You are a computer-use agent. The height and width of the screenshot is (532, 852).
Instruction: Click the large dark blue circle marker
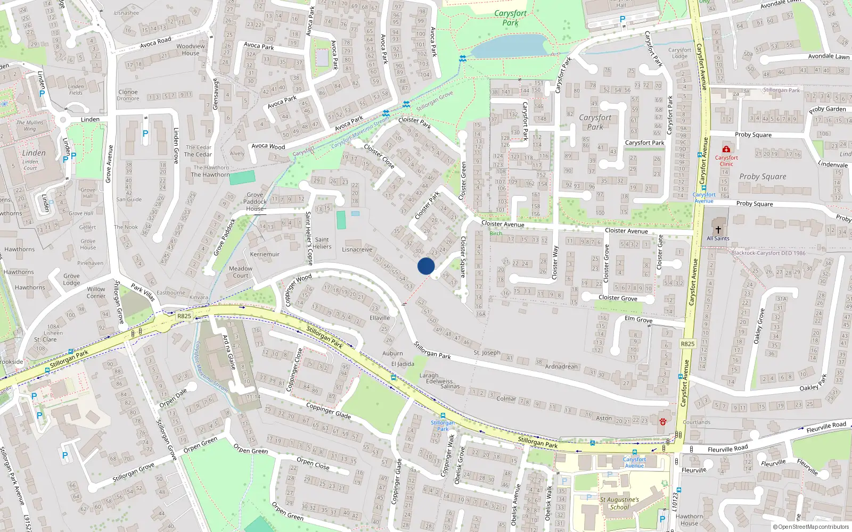426,266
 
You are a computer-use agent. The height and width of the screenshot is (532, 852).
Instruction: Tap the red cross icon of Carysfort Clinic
726,149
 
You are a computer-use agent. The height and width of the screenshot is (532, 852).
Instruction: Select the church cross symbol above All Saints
718,230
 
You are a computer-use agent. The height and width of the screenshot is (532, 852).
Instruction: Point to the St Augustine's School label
619,503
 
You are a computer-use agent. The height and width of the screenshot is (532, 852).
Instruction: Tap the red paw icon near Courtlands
662,421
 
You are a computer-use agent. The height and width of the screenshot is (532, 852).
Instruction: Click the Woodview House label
191,49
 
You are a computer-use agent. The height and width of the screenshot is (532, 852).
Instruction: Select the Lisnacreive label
357,250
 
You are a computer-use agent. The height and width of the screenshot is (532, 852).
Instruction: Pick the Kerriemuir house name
265,254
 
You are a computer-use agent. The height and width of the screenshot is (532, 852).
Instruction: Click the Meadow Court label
241,272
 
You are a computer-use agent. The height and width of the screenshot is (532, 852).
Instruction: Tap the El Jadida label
403,364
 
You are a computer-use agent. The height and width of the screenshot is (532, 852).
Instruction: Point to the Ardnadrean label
561,367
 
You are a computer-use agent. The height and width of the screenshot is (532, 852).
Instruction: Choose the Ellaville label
380,318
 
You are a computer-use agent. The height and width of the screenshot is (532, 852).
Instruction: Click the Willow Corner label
96,293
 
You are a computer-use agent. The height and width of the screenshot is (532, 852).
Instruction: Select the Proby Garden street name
828,109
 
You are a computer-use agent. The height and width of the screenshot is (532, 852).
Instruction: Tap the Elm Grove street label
638,319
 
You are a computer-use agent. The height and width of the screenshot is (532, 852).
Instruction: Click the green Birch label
496,234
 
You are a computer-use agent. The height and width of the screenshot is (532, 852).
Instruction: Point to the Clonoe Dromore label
128,95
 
